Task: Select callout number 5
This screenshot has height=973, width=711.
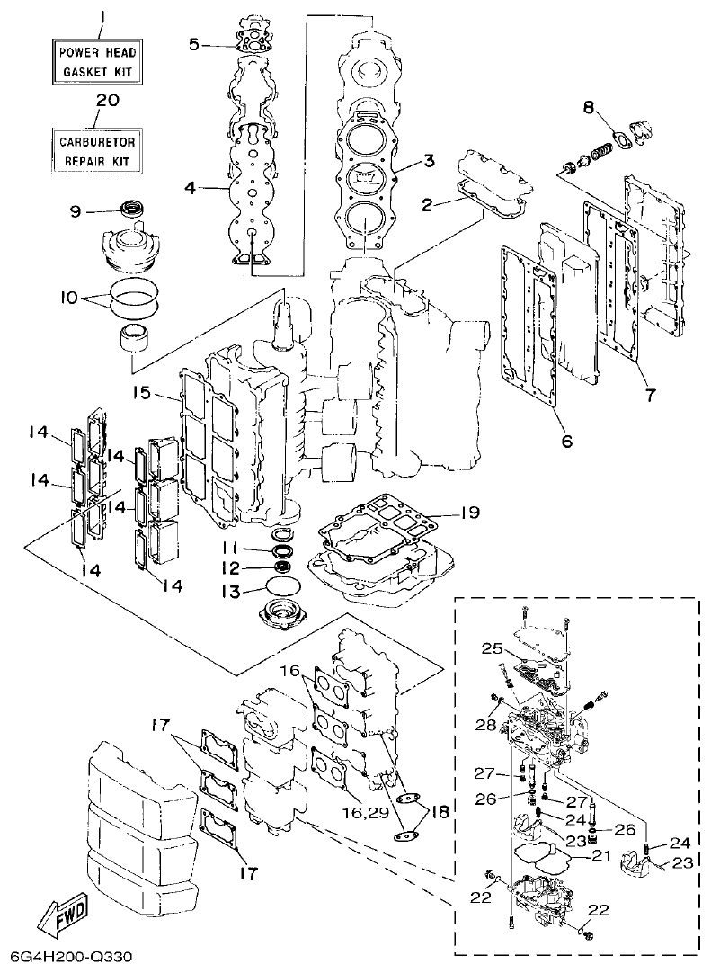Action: point(194,43)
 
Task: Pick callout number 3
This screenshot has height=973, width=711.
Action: point(430,162)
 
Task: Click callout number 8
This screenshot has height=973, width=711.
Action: point(589,107)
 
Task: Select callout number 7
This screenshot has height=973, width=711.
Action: point(649,394)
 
